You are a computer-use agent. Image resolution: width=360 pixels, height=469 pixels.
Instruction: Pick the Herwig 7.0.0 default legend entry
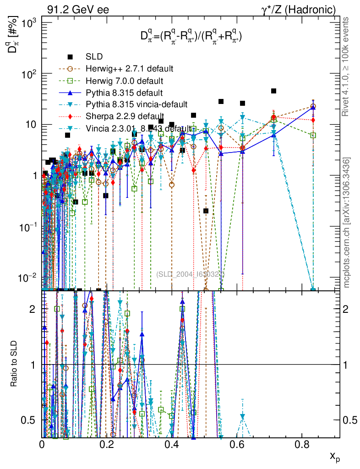124,81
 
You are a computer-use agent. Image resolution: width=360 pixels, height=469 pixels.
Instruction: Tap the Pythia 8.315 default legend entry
121,93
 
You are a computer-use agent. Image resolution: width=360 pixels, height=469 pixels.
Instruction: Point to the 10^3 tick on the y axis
32,22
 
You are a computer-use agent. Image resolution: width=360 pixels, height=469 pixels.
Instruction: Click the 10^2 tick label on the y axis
32,74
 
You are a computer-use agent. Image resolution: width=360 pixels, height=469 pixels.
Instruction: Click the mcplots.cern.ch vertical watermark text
347,223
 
